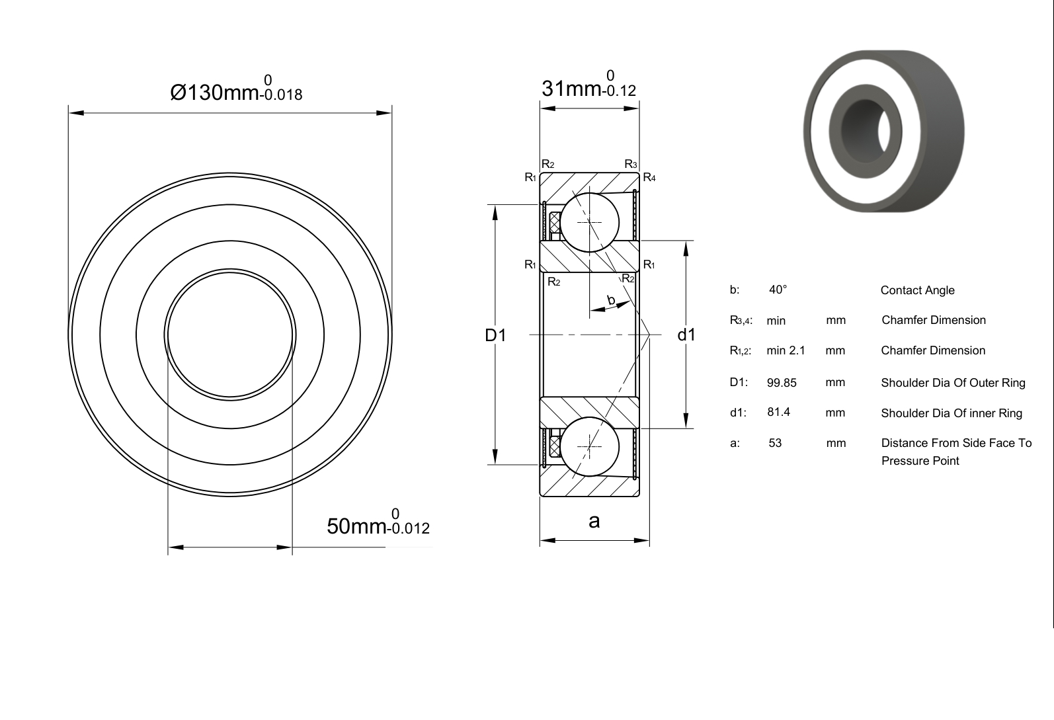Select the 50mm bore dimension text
[378, 523]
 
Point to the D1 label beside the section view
[495, 335]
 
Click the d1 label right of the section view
[686, 335]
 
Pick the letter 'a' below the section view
[594, 522]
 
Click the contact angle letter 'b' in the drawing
[611, 300]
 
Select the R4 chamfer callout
[649, 177]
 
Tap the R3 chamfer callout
[631, 164]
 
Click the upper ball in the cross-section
[589, 222]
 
